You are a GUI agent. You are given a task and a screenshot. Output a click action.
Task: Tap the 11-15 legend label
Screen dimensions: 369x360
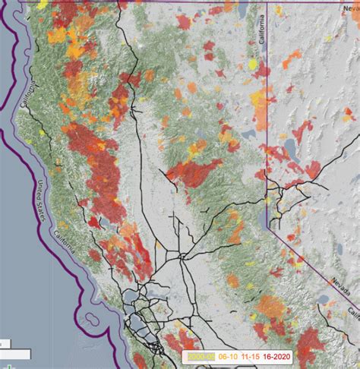(252, 354)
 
